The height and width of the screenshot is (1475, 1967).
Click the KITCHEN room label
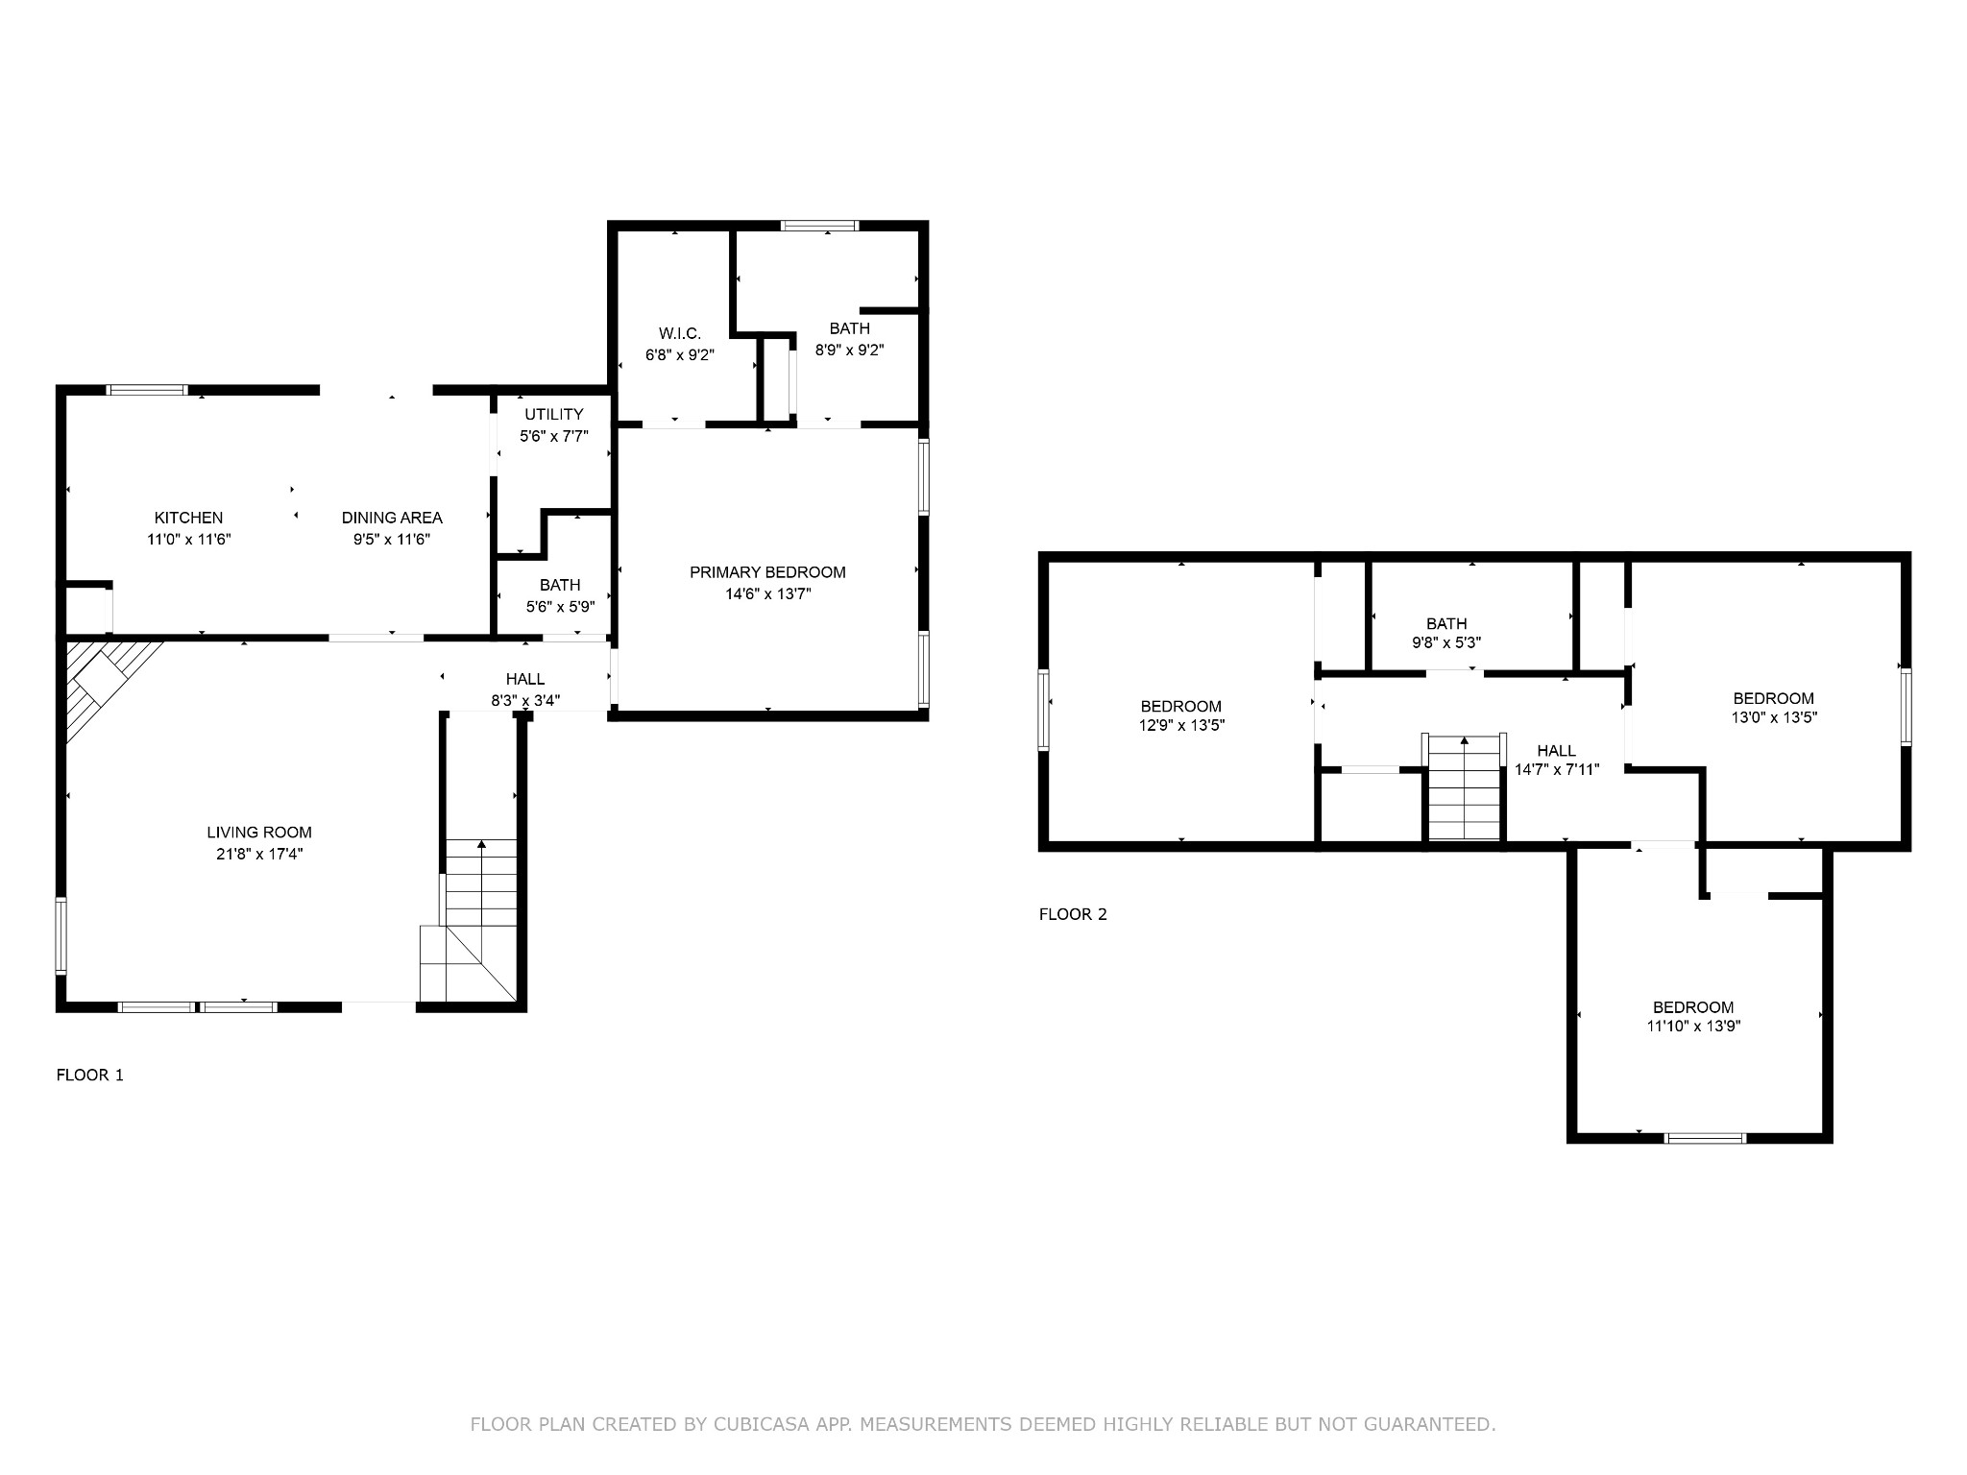point(188,518)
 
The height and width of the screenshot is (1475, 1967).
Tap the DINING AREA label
point(392,518)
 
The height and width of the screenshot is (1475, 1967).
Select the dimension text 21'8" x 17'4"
point(259,854)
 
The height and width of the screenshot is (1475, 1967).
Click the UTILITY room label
point(553,414)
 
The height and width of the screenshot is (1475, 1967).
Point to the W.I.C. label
point(680,333)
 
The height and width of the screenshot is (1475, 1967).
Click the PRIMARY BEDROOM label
point(767,572)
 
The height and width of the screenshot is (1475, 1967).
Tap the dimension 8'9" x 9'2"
point(849,351)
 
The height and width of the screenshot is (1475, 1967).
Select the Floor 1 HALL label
point(525,679)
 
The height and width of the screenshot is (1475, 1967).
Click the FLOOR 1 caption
point(90,1075)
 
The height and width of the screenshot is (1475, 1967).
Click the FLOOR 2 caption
point(1073,914)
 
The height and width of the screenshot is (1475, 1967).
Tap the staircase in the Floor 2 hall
point(1464,787)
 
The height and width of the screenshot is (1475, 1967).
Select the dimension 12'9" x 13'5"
point(1180,726)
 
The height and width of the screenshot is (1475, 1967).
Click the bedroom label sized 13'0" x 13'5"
point(1773,698)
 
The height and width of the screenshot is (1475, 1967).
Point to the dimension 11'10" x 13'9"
point(1693,1026)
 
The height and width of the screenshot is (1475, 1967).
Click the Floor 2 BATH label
point(1446,623)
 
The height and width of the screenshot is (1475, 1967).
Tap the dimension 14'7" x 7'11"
point(1556,769)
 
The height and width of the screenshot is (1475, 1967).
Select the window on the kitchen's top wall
point(147,390)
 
